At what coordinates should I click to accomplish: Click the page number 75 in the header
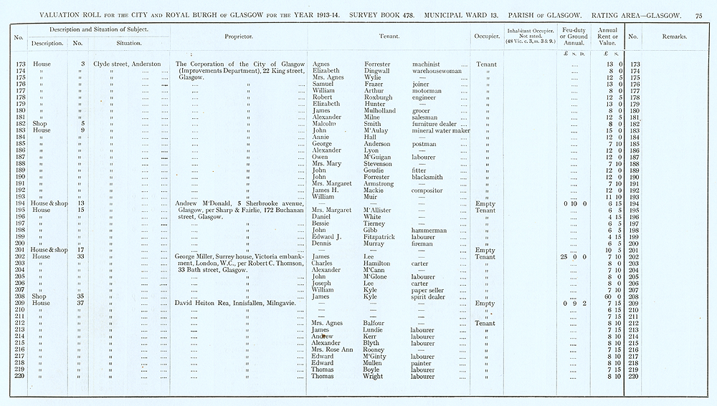[698, 14]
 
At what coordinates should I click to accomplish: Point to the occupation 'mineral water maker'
[440, 130]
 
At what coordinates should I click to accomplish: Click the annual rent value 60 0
[613, 296]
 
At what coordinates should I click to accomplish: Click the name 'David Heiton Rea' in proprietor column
[201, 303]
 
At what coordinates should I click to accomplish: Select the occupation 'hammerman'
[429, 231]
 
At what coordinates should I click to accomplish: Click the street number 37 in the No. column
[82, 303]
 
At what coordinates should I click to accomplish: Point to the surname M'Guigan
[379, 158]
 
